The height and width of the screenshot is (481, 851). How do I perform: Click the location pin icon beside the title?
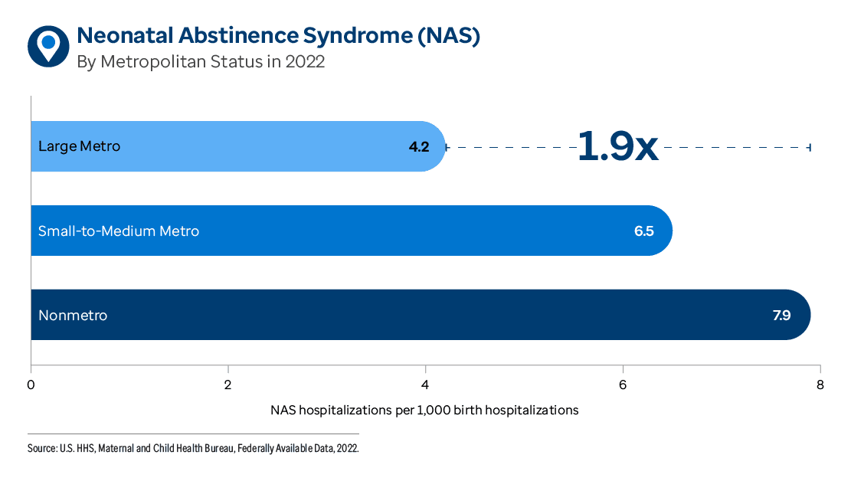pos(48,46)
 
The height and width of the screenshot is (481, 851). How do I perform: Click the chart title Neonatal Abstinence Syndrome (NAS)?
pos(278,36)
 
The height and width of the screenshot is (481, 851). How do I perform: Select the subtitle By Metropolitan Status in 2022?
pos(201,62)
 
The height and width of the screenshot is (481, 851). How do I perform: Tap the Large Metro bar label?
pos(79,146)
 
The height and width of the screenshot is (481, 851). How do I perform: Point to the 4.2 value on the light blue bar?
pos(418,146)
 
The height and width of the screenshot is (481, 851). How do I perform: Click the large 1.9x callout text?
pos(617,146)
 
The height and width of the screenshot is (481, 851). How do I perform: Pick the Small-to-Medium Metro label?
pos(119,231)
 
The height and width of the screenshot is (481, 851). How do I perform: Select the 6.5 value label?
pos(643,231)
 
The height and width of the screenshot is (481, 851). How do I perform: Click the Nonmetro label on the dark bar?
pos(73,315)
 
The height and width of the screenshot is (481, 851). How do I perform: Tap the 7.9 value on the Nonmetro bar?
pos(781,315)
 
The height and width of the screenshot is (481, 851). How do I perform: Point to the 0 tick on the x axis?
pos(31,384)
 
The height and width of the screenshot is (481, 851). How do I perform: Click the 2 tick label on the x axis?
pos(228,384)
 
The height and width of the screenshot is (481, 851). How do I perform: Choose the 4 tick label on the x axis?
pos(425,384)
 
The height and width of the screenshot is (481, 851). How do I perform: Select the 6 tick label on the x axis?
pos(623,384)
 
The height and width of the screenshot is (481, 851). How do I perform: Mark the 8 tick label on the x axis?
pos(820,384)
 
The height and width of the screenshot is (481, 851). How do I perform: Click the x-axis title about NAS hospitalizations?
pos(424,410)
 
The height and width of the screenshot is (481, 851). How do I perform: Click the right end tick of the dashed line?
pos(810,146)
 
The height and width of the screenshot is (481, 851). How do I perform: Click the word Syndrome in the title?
pos(354,36)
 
